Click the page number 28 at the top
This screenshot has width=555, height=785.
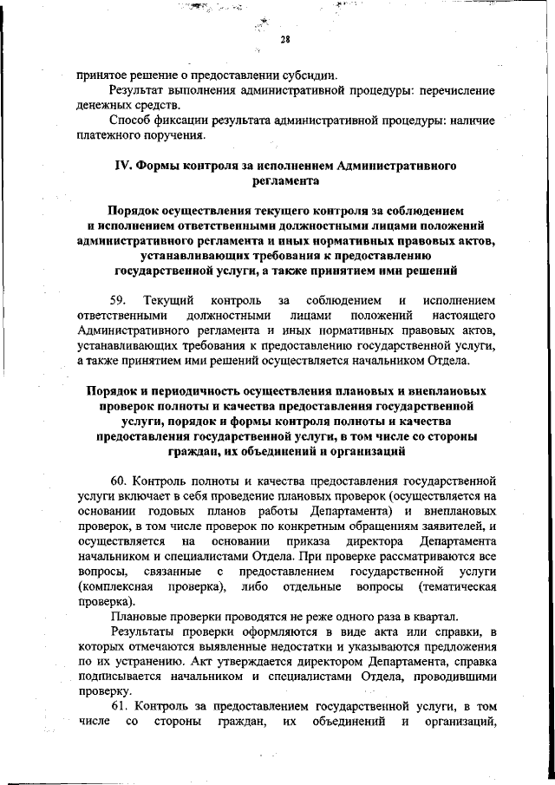pos(284,40)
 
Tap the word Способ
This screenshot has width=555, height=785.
pos(132,121)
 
